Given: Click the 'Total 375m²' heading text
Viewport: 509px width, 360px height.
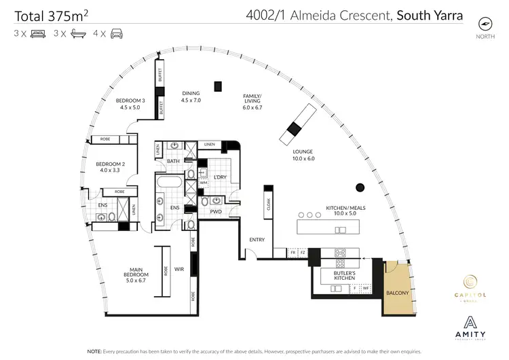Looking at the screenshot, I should pyautogui.click(x=51, y=13).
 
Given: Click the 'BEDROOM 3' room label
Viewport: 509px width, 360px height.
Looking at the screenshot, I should pyautogui.click(x=129, y=103).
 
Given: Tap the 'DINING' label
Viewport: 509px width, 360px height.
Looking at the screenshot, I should pyautogui.click(x=192, y=96).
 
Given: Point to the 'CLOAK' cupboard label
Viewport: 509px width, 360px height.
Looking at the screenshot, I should pyautogui.click(x=269, y=204).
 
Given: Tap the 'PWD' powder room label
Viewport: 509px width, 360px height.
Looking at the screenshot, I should pyautogui.click(x=216, y=211).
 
